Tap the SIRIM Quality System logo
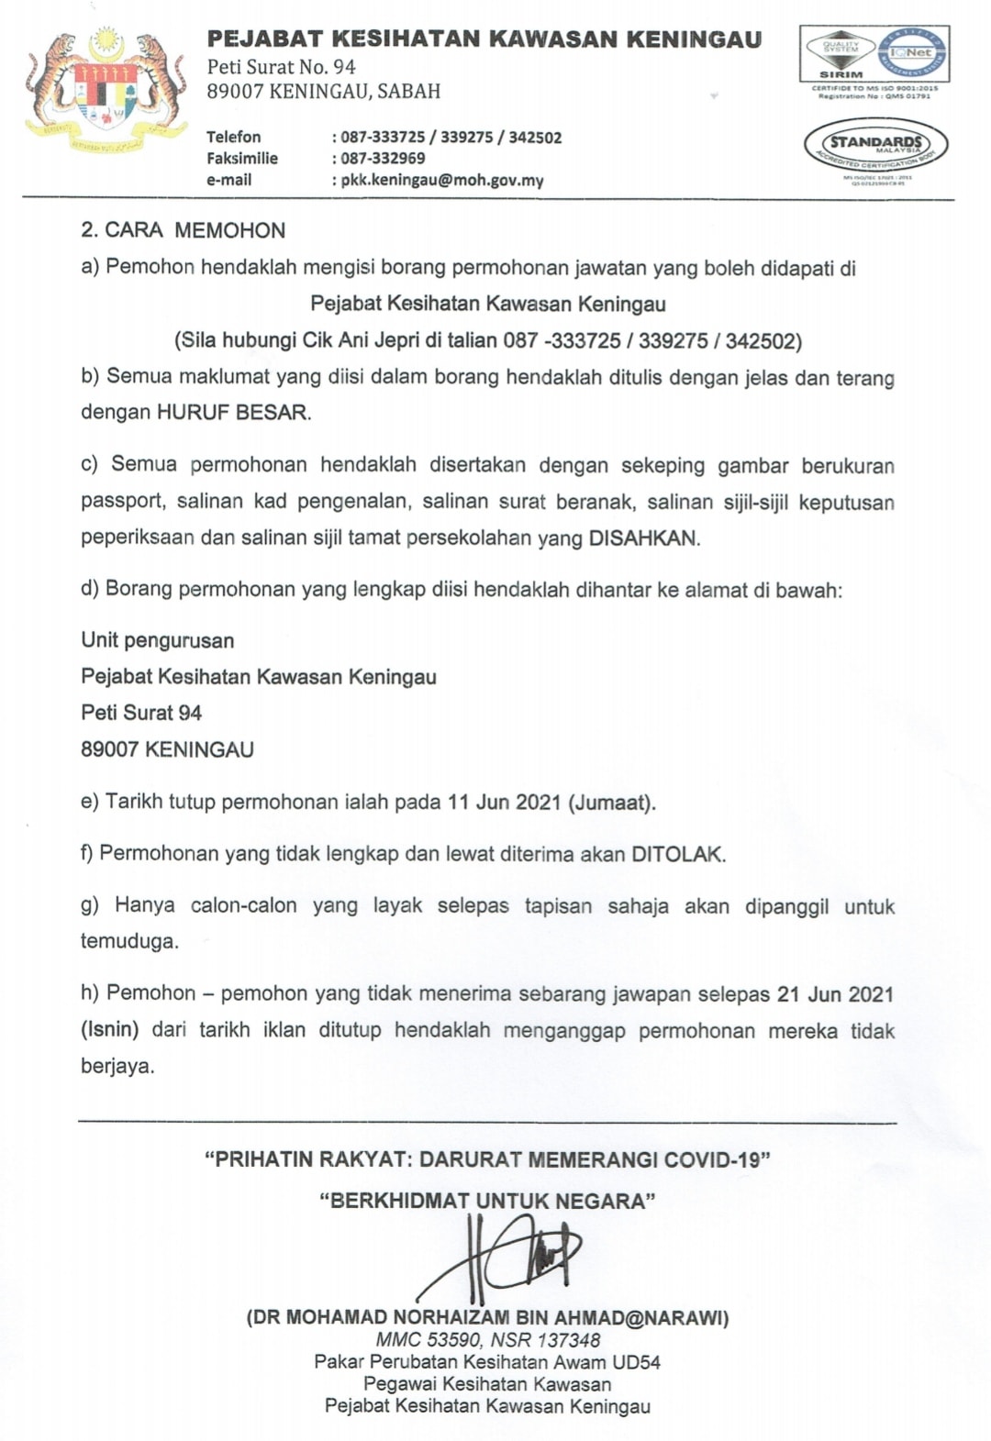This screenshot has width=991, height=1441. coord(841,54)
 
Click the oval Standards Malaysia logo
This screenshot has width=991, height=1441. coord(875,147)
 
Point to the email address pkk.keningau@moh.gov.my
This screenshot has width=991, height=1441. coord(442,181)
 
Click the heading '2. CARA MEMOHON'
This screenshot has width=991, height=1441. coord(184,230)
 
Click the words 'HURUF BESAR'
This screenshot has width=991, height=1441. coord(232,412)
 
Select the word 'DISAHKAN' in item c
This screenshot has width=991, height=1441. coord(642,538)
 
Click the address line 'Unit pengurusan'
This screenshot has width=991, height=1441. coord(158,640)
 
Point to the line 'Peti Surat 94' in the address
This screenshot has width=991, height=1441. coord(141,713)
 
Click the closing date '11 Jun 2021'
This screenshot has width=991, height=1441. coord(504,802)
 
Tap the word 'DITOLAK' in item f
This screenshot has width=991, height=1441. coord(677,854)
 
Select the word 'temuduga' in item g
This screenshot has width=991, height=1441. coord(128,941)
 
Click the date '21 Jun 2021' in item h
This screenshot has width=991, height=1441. coord(835,994)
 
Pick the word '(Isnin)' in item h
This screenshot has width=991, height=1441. coord(110,1030)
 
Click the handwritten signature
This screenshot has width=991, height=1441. coord(509,1257)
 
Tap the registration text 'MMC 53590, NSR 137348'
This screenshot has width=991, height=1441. coord(488,1340)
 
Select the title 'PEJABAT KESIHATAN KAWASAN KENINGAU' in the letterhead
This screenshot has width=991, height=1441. coord(484,39)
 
